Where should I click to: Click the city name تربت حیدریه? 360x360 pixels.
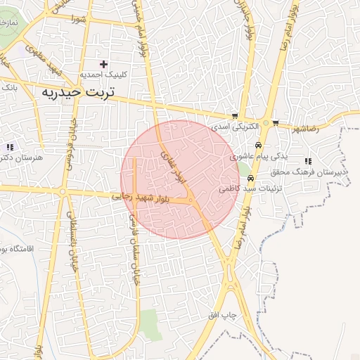84,92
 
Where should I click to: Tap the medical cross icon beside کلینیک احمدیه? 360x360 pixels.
104,64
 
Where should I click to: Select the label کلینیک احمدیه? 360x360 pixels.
103,75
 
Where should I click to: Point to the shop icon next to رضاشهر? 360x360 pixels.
276,122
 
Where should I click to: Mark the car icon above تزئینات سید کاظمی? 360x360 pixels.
251,178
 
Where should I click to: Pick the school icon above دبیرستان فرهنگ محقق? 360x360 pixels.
308,162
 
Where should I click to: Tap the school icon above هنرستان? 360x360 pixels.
10,147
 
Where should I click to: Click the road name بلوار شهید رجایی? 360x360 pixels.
141,198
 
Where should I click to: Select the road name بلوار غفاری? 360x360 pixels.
174,167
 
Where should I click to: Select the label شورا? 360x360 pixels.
77,19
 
